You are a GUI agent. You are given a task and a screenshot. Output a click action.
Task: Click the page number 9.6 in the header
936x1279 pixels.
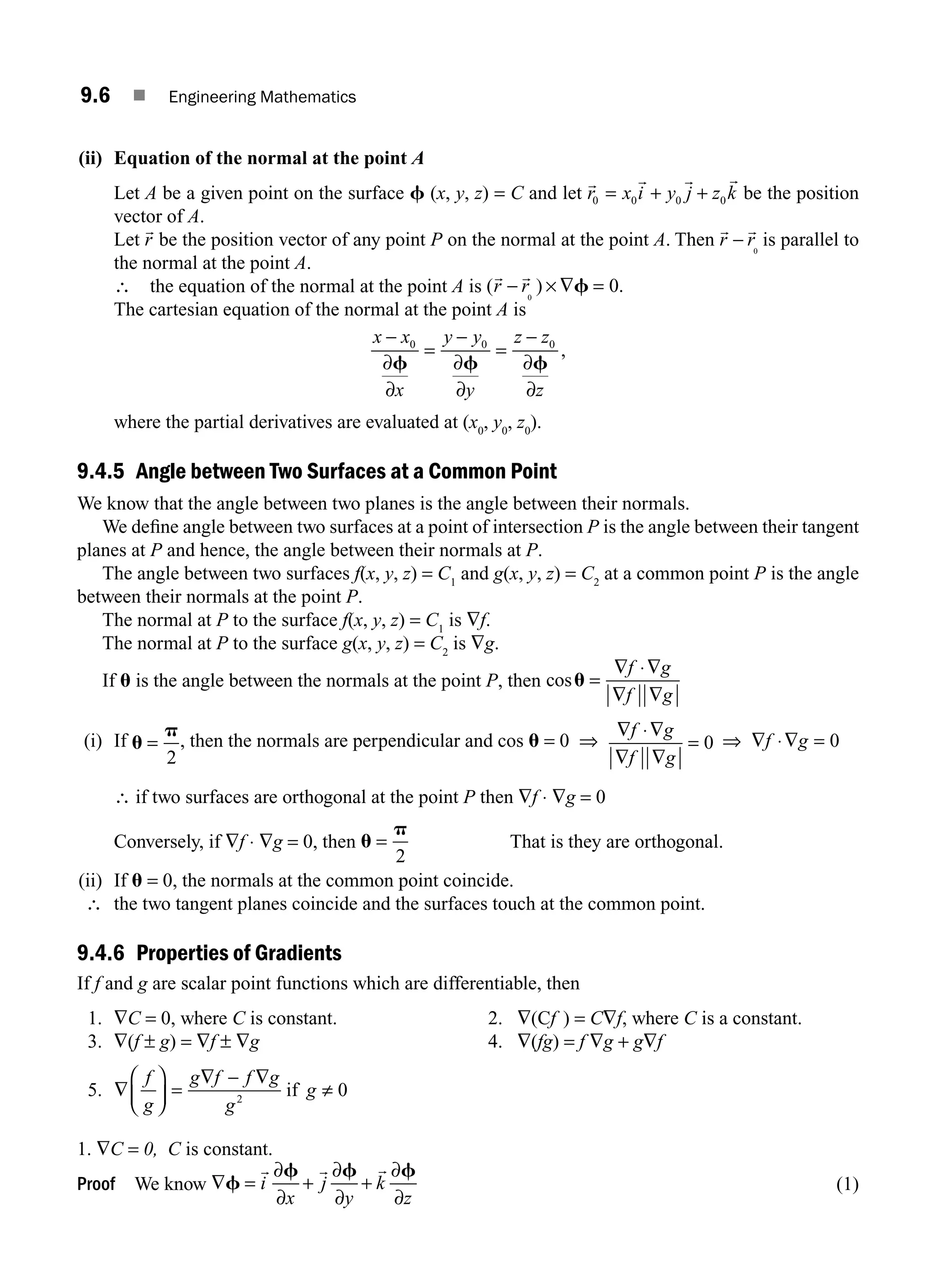click(95, 96)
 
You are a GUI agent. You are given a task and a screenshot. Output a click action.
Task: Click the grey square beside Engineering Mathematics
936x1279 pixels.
click(139, 96)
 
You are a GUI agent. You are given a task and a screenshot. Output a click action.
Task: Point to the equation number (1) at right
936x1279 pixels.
click(847, 1184)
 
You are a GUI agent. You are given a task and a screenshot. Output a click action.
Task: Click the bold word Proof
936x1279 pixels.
click(96, 1184)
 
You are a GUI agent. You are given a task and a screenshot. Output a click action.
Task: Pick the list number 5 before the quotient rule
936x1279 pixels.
click(94, 1090)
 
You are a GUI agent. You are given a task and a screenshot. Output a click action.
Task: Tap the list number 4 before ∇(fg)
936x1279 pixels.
click(495, 1042)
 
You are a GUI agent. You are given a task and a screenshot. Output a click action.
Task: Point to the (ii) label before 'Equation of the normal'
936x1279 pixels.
click(90, 158)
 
